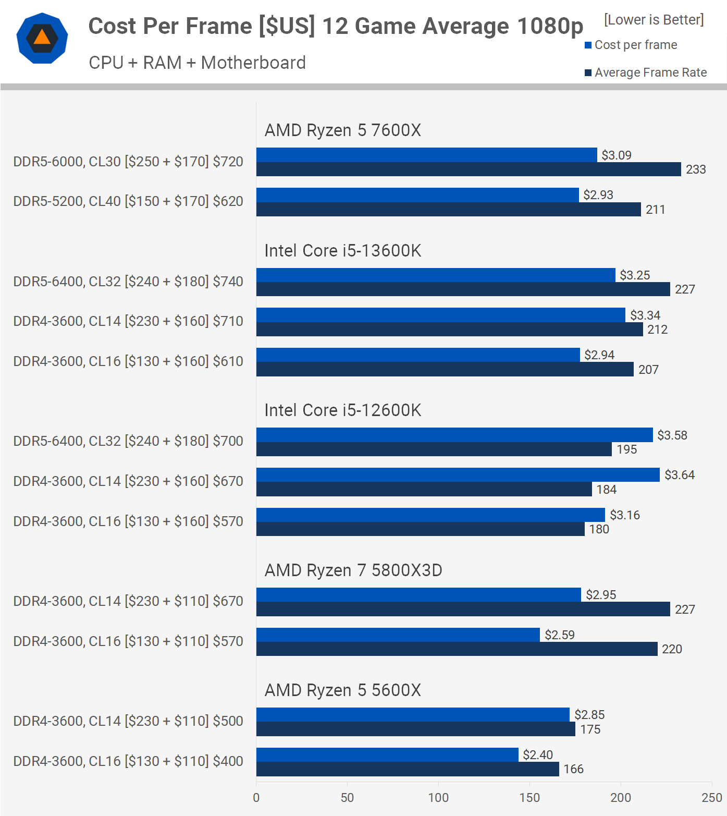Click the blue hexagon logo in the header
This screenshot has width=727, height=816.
(x=42, y=39)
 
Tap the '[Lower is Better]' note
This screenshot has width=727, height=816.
(x=654, y=20)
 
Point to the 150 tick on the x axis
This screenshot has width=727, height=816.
(x=529, y=797)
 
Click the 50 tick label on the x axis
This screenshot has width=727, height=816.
(x=347, y=797)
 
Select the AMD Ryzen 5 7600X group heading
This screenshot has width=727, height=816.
(x=342, y=130)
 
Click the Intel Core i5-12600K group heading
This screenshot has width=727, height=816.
(x=342, y=410)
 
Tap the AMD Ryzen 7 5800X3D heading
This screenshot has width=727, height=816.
(x=353, y=570)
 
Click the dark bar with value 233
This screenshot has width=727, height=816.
(x=469, y=169)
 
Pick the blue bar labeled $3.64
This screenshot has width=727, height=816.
(x=458, y=474)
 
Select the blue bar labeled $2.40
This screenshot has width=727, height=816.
(x=387, y=754)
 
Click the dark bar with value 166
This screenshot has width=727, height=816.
(x=408, y=769)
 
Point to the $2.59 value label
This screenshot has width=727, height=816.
(x=559, y=635)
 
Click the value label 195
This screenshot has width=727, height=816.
(x=626, y=449)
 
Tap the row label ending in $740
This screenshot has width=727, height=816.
(x=128, y=282)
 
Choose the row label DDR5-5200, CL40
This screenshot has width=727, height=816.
(x=128, y=201)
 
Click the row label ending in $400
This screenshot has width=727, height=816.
(x=128, y=761)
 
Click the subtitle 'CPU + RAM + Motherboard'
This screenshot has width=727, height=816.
(x=197, y=63)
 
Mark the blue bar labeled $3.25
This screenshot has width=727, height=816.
(x=436, y=275)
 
